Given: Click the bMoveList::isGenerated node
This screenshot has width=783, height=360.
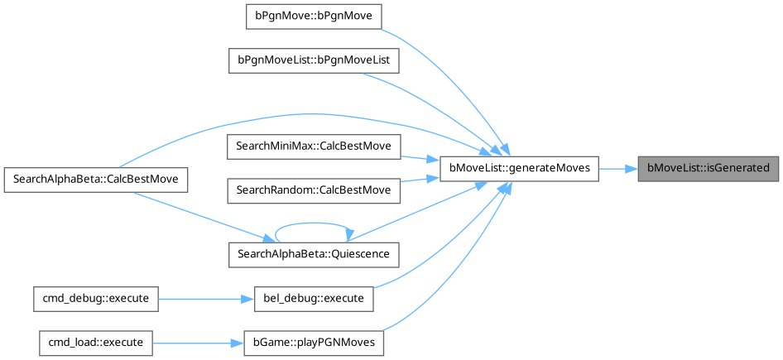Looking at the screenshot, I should (x=708, y=168).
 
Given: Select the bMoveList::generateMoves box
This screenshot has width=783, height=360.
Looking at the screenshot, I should (x=519, y=168).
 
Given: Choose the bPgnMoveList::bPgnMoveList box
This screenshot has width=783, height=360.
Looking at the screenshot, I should (x=315, y=60).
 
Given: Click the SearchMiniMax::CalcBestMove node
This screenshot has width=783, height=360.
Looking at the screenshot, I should (x=315, y=146).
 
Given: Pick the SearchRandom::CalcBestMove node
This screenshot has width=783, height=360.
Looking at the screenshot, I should (x=315, y=190).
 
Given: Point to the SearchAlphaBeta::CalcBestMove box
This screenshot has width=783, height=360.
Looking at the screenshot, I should (x=95, y=179).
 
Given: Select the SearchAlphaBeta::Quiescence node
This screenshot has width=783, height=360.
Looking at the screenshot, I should (x=315, y=253).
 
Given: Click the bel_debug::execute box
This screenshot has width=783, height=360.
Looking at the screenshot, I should (x=314, y=297).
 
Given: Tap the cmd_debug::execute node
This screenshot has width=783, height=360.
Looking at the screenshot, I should (x=95, y=297).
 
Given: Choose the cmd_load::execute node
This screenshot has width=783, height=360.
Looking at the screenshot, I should (x=95, y=341).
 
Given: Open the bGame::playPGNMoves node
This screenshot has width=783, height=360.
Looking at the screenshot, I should (x=314, y=341).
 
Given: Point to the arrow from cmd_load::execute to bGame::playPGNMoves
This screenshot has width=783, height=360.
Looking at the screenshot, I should (x=195, y=341).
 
